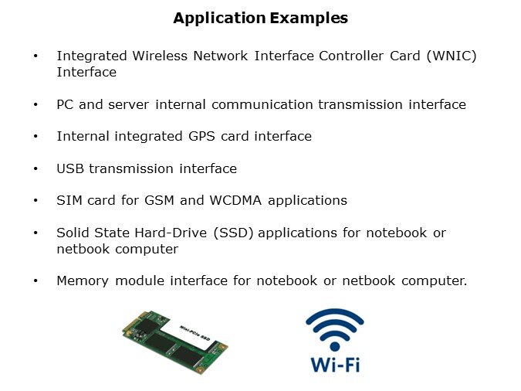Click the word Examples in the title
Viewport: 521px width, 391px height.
pos(309,18)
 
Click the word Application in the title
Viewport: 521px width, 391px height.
pos(219,19)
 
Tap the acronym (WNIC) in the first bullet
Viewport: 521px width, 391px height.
pos(452,56)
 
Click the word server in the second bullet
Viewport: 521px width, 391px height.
pos(129,105)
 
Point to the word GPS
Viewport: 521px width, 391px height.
pos(201,137)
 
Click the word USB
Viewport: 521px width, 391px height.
pos(70,168)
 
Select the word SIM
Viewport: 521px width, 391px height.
pos(69,200)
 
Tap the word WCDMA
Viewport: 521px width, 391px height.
pos(235,200)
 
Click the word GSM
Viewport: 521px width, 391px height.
pos(159,200)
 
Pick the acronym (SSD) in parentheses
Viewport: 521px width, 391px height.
pos(233,233)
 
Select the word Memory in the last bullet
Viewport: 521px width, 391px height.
pos(83,281)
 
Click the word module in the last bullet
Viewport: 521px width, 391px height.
pos(140,280)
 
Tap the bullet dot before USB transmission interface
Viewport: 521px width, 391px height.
pos(36,168)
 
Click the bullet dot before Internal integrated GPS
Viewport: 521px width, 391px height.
pos(36,137)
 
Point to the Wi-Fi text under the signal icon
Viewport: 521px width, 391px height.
pos(335,365)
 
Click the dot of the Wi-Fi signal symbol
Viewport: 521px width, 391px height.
pos(335,347)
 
